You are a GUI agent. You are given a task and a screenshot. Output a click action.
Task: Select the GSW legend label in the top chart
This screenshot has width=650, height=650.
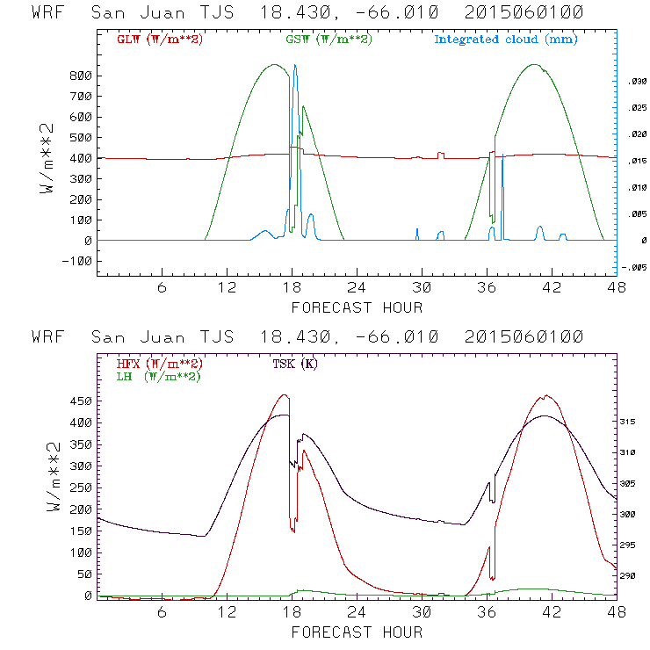pyautogui.click(x=328, y=40)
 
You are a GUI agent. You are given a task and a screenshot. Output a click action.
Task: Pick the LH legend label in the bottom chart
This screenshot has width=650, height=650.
pyautogui.click(x=158, y=376)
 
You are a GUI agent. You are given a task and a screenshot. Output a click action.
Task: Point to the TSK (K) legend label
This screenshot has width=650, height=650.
pyautogui.click(x=293, y=364)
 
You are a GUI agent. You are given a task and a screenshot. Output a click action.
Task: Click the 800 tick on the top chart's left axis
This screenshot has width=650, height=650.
pyautogui.click(x=81, y=76)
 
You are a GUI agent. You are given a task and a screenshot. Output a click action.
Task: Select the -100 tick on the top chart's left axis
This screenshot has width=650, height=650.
pyautogui.click(x=77, y=261)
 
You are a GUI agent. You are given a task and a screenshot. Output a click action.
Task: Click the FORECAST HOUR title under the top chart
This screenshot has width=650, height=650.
pyautogui.click(x=357, y=307)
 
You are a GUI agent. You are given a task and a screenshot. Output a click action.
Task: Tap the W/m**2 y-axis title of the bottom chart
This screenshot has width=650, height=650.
pyautogui.click(x=50, y=492)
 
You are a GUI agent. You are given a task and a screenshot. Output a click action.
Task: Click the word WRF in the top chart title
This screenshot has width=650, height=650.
pyautogui.click(x=48, y=14)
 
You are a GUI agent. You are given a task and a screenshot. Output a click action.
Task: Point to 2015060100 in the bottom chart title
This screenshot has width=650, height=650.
pyautogui.click(x=526, y=338)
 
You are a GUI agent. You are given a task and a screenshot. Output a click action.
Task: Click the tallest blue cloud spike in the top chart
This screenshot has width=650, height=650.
pyautogui.click(x=295, y=67)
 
